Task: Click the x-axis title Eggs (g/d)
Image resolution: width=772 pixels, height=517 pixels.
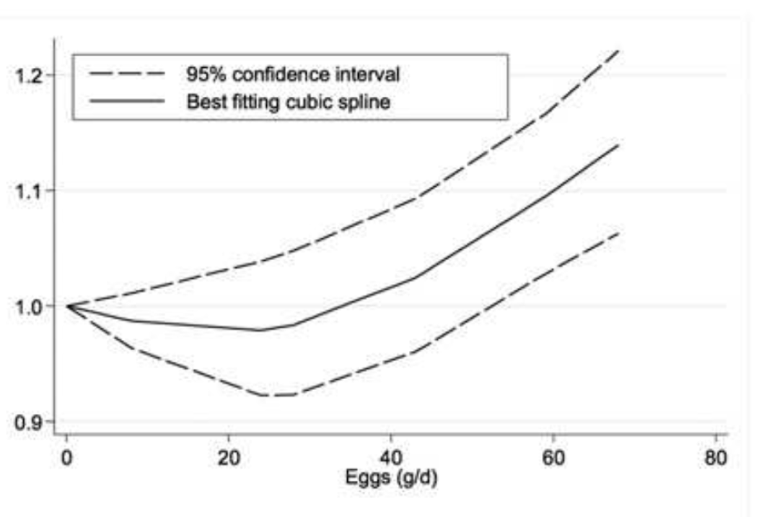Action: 390,478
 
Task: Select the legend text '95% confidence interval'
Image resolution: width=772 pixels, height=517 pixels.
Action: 293,74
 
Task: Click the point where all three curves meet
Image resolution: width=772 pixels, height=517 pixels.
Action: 68,306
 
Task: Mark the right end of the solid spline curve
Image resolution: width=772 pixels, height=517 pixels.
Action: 619,144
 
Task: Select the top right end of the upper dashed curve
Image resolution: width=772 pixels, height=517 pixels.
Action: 619,51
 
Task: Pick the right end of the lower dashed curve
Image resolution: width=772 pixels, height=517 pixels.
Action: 619,233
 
